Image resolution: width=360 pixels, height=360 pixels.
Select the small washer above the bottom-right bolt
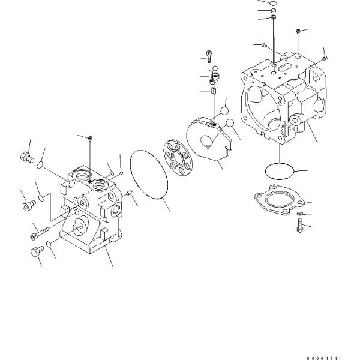[299, 214]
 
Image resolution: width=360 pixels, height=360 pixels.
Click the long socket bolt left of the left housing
[38, 230]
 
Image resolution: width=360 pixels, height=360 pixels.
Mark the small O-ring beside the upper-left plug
[40, 164]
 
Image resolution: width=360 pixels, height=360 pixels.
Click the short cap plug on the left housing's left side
[27, 207]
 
